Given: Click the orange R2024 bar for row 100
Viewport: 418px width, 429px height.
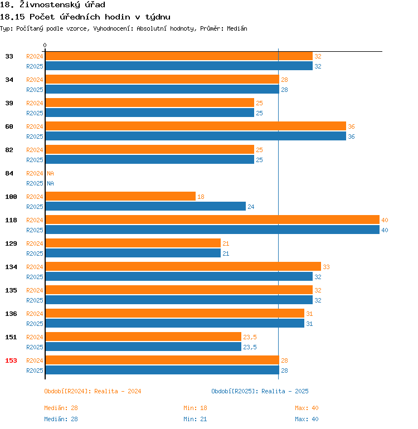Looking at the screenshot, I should tap(120, 197).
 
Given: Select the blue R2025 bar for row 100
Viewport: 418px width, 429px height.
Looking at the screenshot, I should tap(145, 207).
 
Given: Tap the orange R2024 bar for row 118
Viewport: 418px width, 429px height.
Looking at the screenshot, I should tap(212, 220).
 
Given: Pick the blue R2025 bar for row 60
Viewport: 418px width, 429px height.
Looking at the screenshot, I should tap(196, 136).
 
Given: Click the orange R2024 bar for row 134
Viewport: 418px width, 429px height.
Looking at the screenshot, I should tap(183, 267).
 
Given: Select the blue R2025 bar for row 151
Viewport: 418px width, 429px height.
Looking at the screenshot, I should tap(143, 347).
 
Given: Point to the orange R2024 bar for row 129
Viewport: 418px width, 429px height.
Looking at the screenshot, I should tap(133, 243).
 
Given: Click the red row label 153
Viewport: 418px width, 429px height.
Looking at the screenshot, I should tap(11, 360).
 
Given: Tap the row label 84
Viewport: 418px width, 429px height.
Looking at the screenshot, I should tap(9, 173).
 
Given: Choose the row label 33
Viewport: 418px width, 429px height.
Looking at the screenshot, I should tap(9, 56).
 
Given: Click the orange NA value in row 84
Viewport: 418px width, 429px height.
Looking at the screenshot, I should tap(50, 173).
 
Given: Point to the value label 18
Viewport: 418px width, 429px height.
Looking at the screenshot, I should tap(201, 197).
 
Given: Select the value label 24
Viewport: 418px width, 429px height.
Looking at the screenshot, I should tap(251, 207).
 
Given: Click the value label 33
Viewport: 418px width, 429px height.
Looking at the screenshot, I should tap(326, 267).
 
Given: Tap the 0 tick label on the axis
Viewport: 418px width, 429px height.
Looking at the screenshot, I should tap(45, 46).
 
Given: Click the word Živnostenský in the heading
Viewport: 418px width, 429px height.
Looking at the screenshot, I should tap(43, 5).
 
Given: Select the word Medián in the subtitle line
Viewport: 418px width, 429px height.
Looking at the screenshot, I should tap(236, 28).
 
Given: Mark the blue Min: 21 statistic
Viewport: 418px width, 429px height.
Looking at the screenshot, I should tap(195, 419).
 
